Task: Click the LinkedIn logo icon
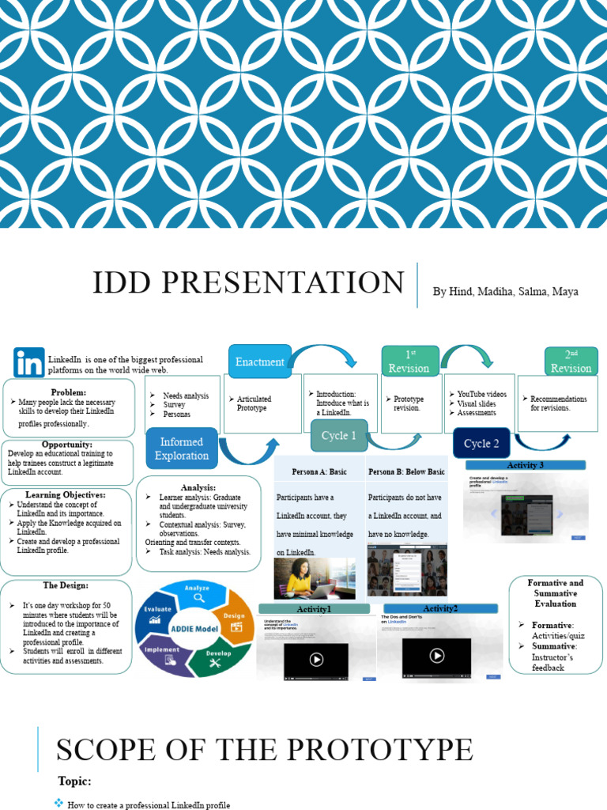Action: pos(29,362)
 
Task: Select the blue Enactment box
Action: pos(259,361)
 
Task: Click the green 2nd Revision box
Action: pos(571,361)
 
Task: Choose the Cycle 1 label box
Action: pos(338,436)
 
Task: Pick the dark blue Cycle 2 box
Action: pos(481,443)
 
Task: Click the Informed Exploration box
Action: pos(182,449)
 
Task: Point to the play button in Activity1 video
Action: pos(315,658)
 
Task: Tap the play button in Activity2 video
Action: pos(436,656)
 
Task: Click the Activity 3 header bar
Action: pos(525,465)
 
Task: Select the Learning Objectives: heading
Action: pos(66,494)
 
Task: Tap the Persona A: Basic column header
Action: pos(319,471)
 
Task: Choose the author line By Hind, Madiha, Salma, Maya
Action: pos(505,292)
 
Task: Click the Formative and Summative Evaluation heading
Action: pos(556,593)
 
